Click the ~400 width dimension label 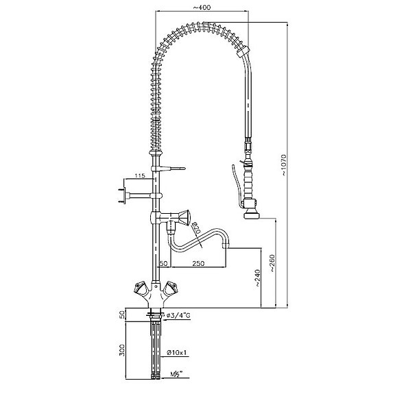click(x=202, y=8)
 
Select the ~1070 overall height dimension click(x=283, y=165)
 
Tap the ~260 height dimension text click(x=272, y=263)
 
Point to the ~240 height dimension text click(x=257, y=278)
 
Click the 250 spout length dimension click(x=198, y=263)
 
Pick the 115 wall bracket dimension click(x=140, y=175)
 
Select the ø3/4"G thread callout click(x=178, y=315)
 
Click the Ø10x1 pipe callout click(x=177, y=352)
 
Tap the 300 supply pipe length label click(x=122, y=350)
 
